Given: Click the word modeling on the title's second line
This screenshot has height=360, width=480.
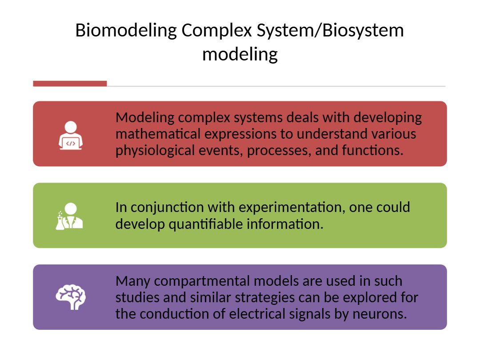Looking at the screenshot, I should coord(240,54).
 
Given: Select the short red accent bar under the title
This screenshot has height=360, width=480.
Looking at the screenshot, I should coord(70,84).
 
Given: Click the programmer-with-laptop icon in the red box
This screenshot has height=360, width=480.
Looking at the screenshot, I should coord(70,135).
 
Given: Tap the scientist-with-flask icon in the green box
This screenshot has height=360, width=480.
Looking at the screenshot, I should coord(69,216).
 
